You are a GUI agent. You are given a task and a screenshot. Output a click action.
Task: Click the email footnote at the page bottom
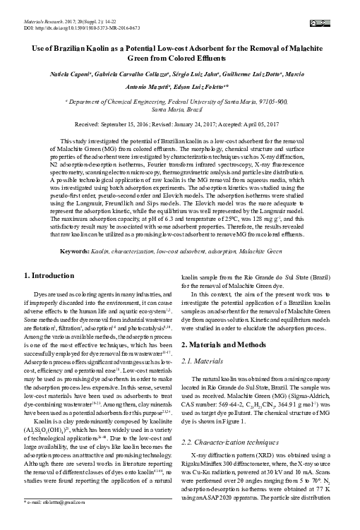click(x=49, y=522)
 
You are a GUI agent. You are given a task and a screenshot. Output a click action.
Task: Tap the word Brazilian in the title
click(x=78, y=45)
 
